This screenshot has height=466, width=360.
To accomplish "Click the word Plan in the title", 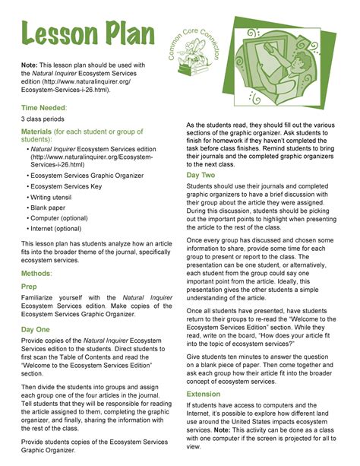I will (127, 35).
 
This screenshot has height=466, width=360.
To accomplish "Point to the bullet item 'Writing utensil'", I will (55, 195).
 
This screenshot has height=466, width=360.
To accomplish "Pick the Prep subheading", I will (29, 287).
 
